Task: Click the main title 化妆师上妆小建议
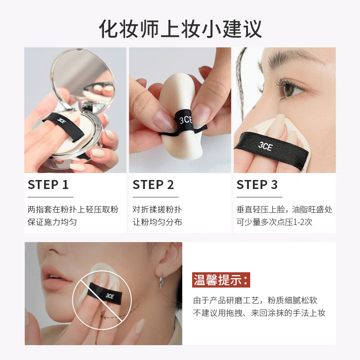click(x=180, y=28)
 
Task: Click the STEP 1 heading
click(x=48, y=185)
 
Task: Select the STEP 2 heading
click(x=153, y=185)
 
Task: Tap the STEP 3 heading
click(x=257, y=185)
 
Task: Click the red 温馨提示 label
click(x=221, y=280)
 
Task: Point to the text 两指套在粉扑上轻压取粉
click(x=73, y=210)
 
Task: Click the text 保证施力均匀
click(x=52, y=222)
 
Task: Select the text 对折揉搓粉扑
click(x=157, y=210)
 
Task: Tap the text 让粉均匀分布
click(x=157, y=222)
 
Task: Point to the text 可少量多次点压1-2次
click(x=274, y=222)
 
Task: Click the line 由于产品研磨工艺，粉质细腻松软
click(x=255, y=301)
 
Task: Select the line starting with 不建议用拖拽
click(x=259, y=313)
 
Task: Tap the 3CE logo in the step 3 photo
click(x=266, y=146)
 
